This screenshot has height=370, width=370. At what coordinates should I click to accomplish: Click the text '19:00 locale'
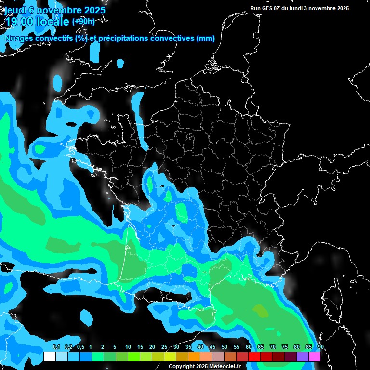[x=37, y=22]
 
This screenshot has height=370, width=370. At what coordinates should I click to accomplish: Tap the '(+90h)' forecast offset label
[x=83, y=21]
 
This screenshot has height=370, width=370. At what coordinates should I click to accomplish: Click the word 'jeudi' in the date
[x=15, y=9]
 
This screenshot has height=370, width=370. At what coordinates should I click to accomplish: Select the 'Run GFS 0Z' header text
[x=267, y=8]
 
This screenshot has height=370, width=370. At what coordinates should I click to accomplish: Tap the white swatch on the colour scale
[x=49, y=357]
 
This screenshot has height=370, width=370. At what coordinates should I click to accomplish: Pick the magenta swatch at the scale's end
[x=315, y=357]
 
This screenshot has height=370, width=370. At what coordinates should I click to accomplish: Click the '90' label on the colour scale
[x=320, y=347]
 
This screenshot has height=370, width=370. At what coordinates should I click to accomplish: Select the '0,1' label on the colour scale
[x=56, y=347]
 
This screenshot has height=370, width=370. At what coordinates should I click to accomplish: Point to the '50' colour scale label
[x=225, y=347]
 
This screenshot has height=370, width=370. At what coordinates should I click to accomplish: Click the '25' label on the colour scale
[x=164, y=347]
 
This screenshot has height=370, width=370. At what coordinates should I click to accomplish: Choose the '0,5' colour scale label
[x=80, y=347]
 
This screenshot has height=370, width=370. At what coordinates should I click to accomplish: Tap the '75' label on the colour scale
[x=285, y=347]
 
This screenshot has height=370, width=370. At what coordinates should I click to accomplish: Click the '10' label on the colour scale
[x=128, y=347]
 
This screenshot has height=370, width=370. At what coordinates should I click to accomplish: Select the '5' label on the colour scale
[x=115, y=347]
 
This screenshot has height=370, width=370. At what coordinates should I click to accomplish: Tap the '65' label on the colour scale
[x=261, y=347]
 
